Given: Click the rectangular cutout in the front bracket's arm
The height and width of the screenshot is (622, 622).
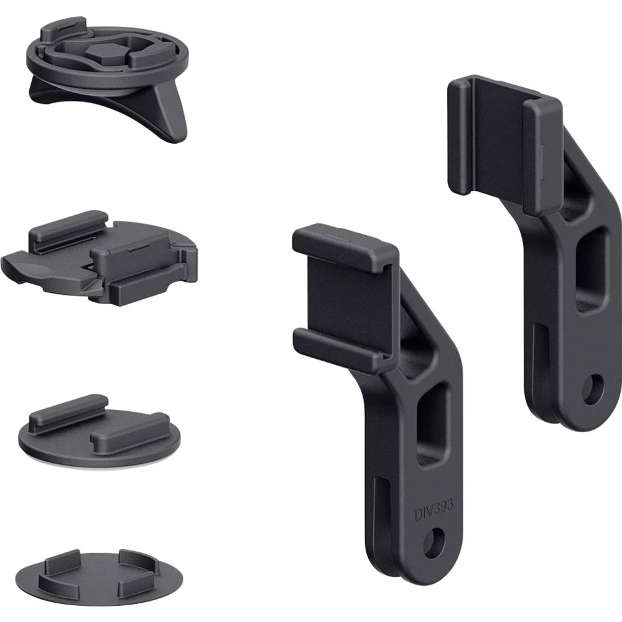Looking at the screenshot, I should (x=432, y=423).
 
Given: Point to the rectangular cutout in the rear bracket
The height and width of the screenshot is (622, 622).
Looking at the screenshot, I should (x=591, y=269).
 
